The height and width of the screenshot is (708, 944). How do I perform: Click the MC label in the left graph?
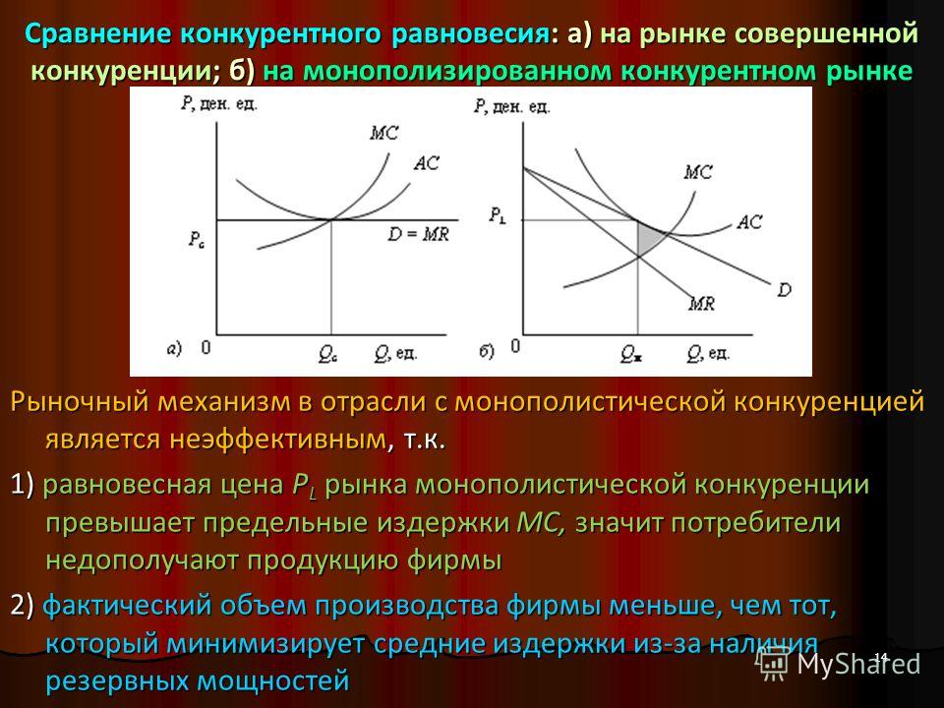tap(384, 133)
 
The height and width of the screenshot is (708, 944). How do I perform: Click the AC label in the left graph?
tap(427, 163)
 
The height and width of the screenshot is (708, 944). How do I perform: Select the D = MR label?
tap(419, 234)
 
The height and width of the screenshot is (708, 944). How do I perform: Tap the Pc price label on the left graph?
tap(196, 240)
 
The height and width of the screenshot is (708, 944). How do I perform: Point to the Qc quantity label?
tap(327, 355)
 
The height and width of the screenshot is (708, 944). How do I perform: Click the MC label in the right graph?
tap(698, 172)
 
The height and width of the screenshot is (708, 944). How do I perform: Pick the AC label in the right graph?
tap(749, 222)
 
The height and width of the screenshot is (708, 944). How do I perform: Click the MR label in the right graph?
tap(702, 304)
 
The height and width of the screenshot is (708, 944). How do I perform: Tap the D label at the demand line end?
tap(785, 290)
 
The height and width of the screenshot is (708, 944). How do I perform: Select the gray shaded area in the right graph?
tap(649, 237)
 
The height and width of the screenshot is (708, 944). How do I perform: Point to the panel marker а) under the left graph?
tap(174, 349)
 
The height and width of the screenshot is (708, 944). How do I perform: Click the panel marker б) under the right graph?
tap(487, 351)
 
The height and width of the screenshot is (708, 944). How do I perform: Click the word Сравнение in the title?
tap(99, 33)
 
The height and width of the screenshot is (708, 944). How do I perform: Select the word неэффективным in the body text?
tap(276, 439)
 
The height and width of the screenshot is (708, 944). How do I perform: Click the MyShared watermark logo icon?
tap(773, 664)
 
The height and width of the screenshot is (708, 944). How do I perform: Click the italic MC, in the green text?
tap(541, 522)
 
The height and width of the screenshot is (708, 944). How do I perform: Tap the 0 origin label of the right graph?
tap(514, 347)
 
